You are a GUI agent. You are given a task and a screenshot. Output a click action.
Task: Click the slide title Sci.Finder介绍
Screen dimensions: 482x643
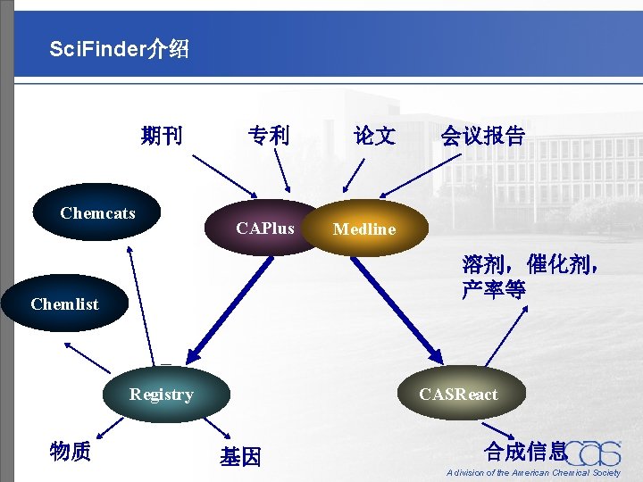[x=120, y=49]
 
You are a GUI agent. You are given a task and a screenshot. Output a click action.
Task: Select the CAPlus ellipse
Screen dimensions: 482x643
[x=265, y=229]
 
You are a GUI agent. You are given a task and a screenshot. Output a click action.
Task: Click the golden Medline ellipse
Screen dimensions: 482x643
[x=365, y=229]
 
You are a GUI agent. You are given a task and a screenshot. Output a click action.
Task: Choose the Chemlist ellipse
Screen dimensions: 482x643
[x=64, y=303]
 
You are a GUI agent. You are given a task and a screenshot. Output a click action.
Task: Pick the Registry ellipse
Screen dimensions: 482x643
[x=162, y=394]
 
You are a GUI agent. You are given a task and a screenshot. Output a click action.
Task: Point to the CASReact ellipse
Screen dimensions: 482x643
[x=458, y=394]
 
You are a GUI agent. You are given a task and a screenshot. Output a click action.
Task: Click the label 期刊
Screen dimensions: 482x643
[x=162, y=136]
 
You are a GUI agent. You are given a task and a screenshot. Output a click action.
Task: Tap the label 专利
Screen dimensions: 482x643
[x=269, y=136]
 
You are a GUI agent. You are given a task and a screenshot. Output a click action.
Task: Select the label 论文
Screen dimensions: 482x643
[x=375, y=136]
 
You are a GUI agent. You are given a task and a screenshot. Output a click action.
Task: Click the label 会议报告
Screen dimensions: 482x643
[x=482, y=136]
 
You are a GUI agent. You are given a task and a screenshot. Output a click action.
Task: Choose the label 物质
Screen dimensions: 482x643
[x=71, y=452]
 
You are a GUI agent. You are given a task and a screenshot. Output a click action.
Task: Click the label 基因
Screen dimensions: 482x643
[x=240, y=457]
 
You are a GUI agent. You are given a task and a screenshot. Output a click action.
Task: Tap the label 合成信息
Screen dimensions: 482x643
[x=525, y=451]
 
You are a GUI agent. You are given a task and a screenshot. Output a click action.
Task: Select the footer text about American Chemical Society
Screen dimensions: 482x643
[x=533, y=473]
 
